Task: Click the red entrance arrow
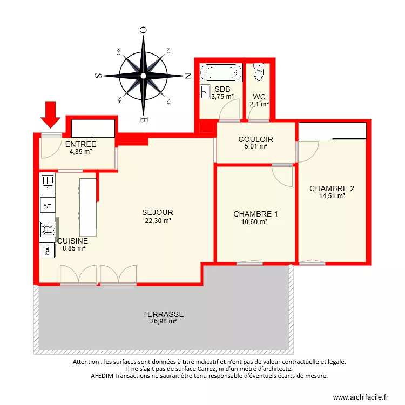pyautogui.click(x=52, y=113)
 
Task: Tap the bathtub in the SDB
pyautogui.click(x=221, y=72)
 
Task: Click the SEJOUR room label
pyautogui.click(x=158, y=213)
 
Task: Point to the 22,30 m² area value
pyautogui.click(x=158, y=220)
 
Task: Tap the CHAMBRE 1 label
pyautogui.click(x=255, y=214)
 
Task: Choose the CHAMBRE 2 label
pyautogui.click(x=332, y=188)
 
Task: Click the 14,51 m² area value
pyautogui.click(x=332, y=196)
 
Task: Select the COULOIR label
pyautogui.click(x=255, y=139)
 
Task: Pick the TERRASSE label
pyautogui.click(x=163, y=314)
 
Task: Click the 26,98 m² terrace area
pyautogui.click(x=163, y=321)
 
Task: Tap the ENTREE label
pyautogui.click(x=80, y=144)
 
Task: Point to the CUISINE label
pyautogui.click(x=72, y=241)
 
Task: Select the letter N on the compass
pyautogui.click(x=188, y=76)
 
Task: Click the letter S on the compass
pyautogui.click(x=98, y=76)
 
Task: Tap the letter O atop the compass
pyautogui.click(x=143, y=31)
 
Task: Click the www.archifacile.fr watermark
pyautogui.click(x=361, y=397)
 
